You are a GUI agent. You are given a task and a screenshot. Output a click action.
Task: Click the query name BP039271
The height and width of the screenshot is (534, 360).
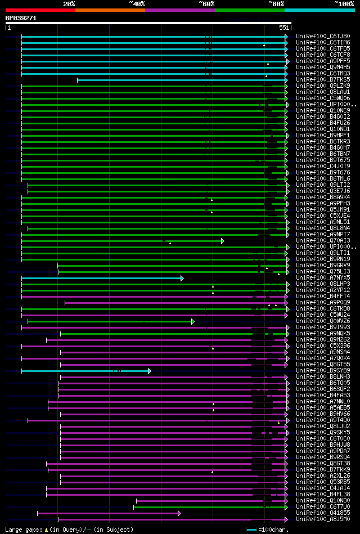pyautogui.click(x=21, y=18)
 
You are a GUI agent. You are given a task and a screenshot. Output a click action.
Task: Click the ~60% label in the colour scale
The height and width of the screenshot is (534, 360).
pyautogui.click(x=206, y=4)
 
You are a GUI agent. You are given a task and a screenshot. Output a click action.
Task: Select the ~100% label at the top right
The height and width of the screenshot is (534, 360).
pyautogui.click(x=344, y=4)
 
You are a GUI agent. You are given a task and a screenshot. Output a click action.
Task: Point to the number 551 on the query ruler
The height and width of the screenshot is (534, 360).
pyautogui.click(x=283, y=28)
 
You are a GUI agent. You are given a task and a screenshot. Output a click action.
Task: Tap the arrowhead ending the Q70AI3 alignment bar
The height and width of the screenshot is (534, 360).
pyautogui.click(x=223, y=241)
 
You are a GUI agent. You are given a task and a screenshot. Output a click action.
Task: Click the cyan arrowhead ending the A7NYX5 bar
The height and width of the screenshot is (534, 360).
pyautogui.click(x=182, y=278)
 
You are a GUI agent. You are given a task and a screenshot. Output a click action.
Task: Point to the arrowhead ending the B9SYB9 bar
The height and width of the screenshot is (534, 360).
pyautogui.click(x=150, y=371)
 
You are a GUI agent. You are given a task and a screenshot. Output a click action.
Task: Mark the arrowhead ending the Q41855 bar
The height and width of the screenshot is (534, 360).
pyautogui.click(x=179, y=513)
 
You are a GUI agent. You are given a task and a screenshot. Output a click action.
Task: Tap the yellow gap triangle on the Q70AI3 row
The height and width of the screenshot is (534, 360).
pyautogui.click(x=170, y=243)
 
